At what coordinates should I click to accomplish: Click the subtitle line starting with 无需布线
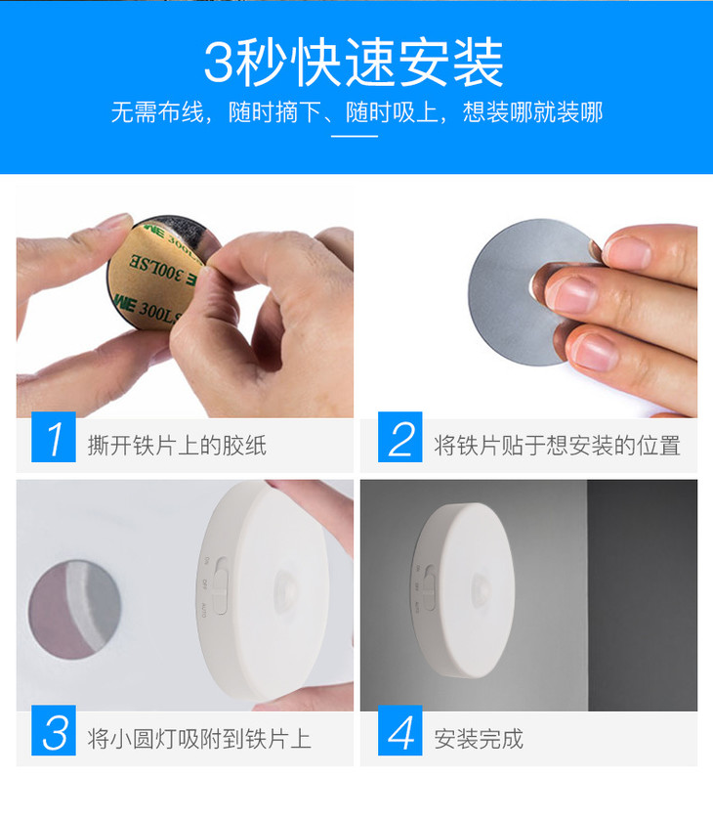coord(356,112)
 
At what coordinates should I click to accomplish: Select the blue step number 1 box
coord(54,438)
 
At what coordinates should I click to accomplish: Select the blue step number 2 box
coord(400,438)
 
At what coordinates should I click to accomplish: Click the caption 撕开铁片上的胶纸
coord(177,447)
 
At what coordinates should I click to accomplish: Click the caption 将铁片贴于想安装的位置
coord(557,447)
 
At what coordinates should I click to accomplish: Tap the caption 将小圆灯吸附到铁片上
coord(199,739)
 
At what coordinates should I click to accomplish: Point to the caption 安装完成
coord(479,739)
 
